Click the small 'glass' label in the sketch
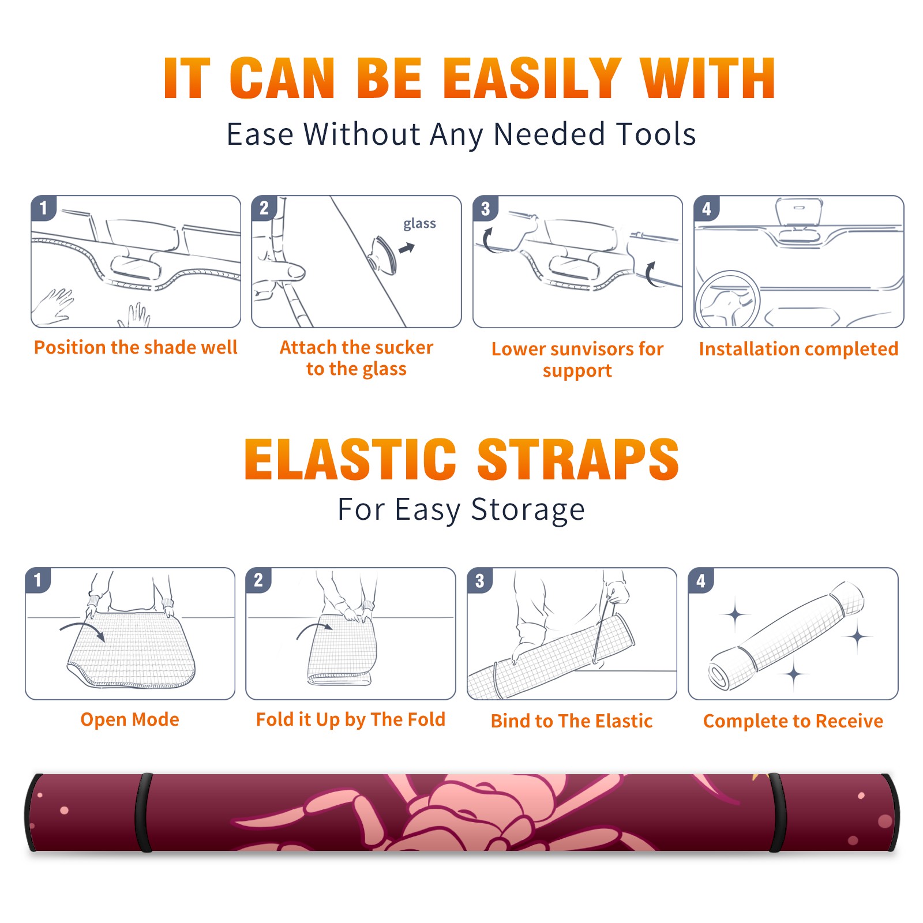coord(419,224)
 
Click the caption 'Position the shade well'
coord(136,347)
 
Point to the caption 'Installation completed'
coord(798,349)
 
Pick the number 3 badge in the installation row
coord(486,209)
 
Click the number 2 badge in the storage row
coord(258,580)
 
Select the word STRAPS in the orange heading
coord(578,459)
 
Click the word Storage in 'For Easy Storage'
coord(528,510)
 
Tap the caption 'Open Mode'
coord(130,719)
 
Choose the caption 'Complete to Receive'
coord(793,721)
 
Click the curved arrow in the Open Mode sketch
coord(82,630)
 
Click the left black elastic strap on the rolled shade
coord(144,813)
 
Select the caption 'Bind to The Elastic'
coord(571,721)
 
